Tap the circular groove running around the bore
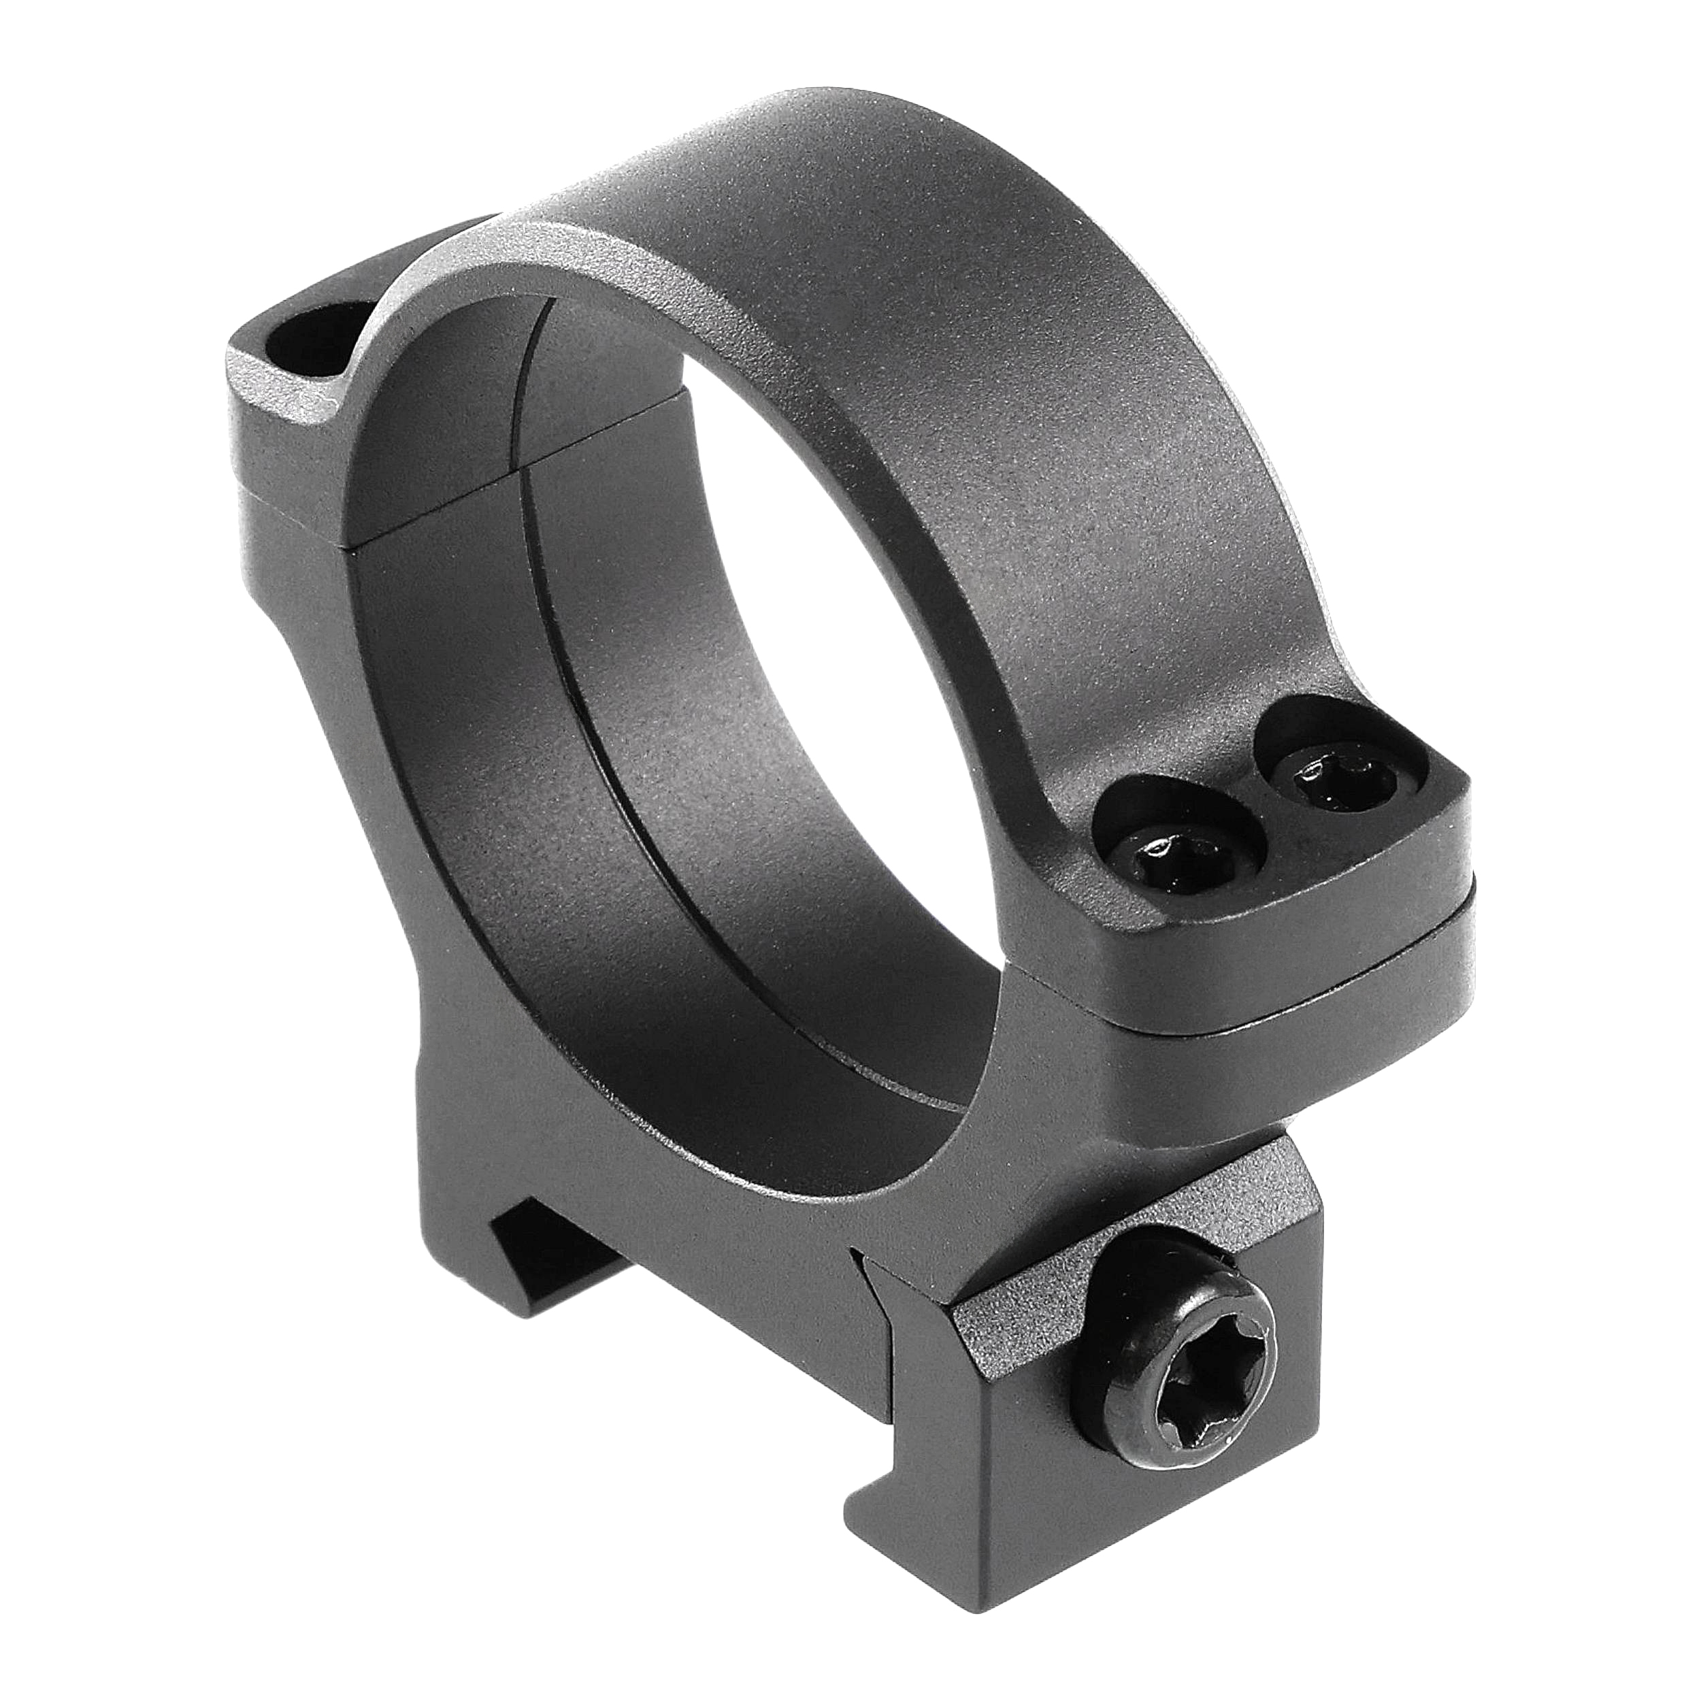click(616, 748)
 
